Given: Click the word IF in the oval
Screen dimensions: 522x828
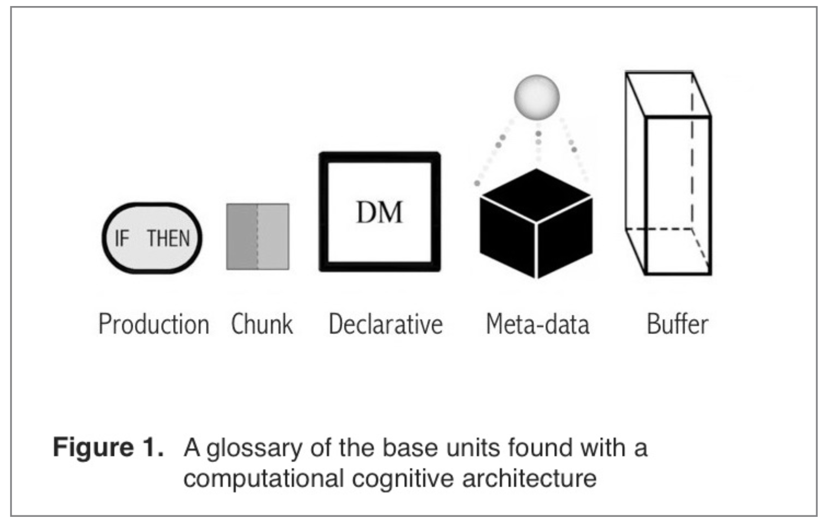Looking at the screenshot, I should (x=122, y=238).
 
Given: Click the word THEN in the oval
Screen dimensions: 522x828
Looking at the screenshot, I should (x=168, y=238).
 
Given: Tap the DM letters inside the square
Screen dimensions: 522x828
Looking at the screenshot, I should (x=379, y=212).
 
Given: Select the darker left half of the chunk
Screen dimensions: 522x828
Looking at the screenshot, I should (x=242, y=237).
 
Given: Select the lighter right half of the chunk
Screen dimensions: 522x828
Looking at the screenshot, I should (x=274, y=237).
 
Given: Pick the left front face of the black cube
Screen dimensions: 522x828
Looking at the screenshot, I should (x=508, y=238).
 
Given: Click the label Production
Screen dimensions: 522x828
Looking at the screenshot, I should (x=154, y=324).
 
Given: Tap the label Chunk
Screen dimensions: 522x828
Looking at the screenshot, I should (x=262, y=324).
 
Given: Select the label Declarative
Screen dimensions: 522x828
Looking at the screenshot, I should (x=385, y=324).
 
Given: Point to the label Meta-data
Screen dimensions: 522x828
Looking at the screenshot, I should (x=538, y=324).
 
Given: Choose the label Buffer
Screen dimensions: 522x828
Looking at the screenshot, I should (x=678, y=324).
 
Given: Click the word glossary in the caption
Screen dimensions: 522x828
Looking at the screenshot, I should (x=254, y=448).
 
